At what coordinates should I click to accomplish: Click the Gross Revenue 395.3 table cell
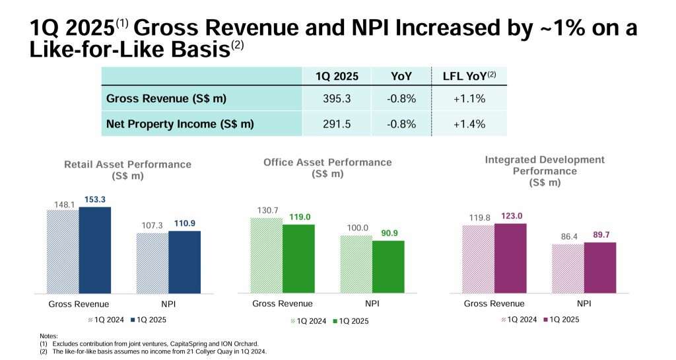[x=337, y=98]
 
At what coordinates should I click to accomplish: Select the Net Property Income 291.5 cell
[x=337, y=124]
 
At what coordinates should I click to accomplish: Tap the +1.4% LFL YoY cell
[x=469, y=124]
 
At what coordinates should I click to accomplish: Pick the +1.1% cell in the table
[x=469, y=98]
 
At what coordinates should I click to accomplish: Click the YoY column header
[x=401, y=76]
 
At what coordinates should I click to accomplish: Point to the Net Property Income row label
[x=180, y=124]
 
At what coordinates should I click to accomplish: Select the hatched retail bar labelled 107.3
[x=152, y=263]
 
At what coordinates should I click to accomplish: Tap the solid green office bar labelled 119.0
[x=299, y=258]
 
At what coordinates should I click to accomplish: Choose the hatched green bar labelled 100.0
[x=356, y=264]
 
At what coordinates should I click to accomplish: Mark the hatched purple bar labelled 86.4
[x=568, y=268]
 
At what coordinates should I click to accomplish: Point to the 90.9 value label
[x=389, y=233]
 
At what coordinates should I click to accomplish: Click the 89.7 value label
[x=600, y=234]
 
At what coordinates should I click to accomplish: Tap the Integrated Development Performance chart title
[x=545, y=170]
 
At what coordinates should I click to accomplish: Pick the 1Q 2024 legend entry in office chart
[x=308, y=321]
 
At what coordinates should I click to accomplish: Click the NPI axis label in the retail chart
[x=169, y=305]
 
